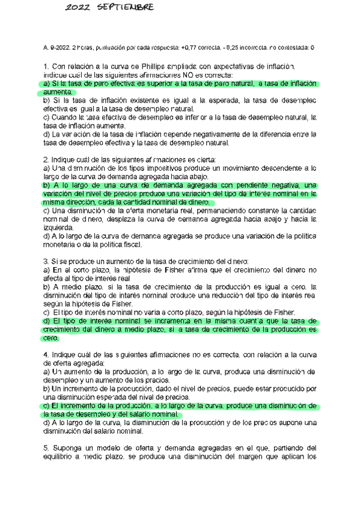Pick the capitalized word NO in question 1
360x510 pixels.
(168, 75)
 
